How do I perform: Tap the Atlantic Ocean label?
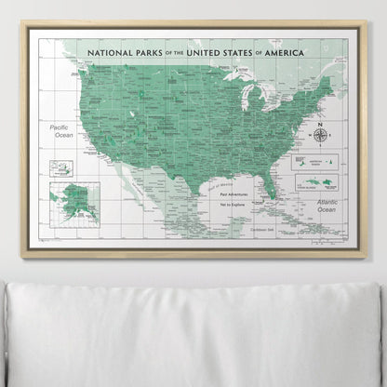click(x=329, y=205)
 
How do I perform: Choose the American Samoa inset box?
click(x=307, y=161)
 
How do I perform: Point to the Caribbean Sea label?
click(x=261, y=229)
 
